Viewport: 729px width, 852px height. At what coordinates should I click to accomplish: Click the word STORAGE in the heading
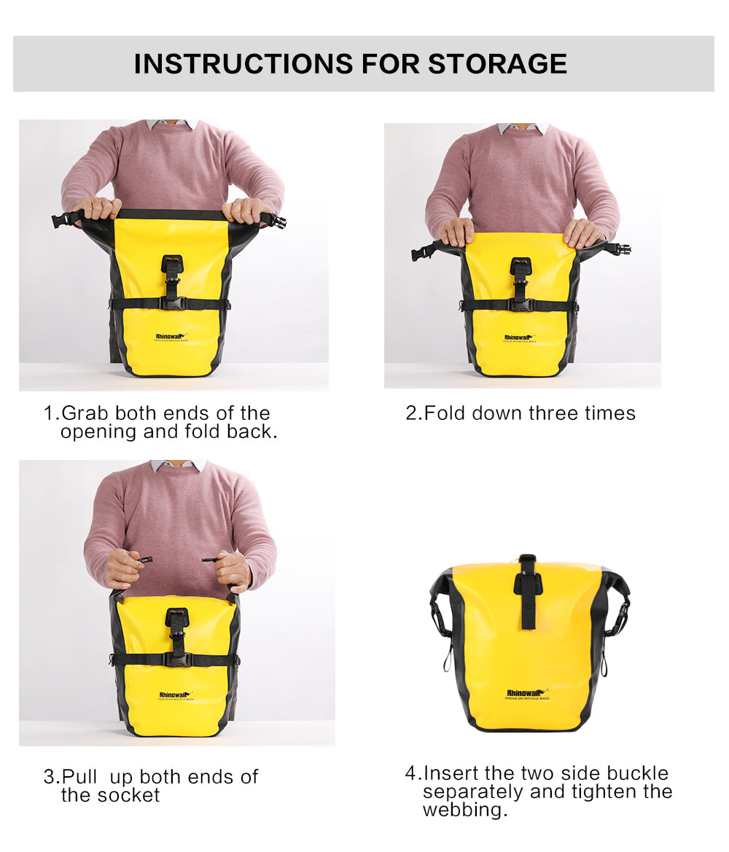tap(497, 63)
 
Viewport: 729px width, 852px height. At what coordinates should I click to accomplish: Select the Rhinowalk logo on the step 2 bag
tap(519, 337)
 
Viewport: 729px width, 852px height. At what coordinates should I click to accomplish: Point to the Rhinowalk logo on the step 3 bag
tap(176, 695)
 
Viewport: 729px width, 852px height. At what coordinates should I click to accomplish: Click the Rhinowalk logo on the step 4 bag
tap(526, 693)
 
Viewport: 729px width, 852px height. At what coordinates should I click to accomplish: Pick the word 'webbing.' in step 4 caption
tap(465, 810)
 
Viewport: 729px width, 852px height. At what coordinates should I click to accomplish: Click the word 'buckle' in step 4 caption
tap(638, 773)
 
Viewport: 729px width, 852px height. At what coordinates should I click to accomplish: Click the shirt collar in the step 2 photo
tap(523, 128)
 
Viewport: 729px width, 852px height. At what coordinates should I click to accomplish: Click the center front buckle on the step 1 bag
tap(172, 268)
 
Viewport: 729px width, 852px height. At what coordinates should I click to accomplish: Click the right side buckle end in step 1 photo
tap(277, 220)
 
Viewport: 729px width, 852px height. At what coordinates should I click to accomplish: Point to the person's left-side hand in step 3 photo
tap(123, 568)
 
